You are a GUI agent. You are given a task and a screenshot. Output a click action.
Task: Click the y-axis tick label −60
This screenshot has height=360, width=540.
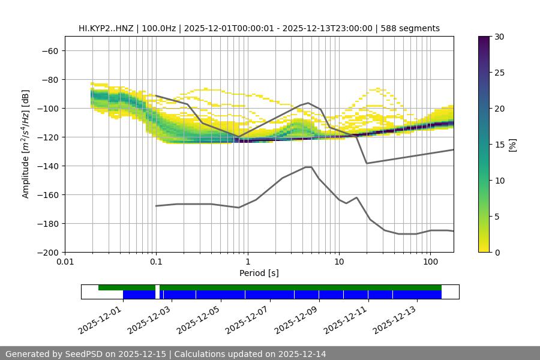pos(49,51)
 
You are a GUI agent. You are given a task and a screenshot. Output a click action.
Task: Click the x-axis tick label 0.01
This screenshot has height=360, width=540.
pos(65,262)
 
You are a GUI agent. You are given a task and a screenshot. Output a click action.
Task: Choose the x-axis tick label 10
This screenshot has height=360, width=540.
pos(339,262)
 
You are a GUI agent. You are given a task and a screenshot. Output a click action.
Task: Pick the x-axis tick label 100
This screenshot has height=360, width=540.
pos(430,262)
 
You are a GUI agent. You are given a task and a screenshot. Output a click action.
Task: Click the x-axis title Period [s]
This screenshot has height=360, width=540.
pos(259,273)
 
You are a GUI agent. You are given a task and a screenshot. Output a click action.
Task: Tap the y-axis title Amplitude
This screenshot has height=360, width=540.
pos(26,145)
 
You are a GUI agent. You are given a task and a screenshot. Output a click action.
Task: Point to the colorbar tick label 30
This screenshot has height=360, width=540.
pos(499,37)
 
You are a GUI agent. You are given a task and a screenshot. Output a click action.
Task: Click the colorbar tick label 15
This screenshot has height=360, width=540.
pos(499,145)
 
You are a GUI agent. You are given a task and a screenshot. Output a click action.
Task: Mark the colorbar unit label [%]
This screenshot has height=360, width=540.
pos(512,145)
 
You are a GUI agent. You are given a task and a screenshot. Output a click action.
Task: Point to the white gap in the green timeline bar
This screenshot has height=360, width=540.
pos(157,287)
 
